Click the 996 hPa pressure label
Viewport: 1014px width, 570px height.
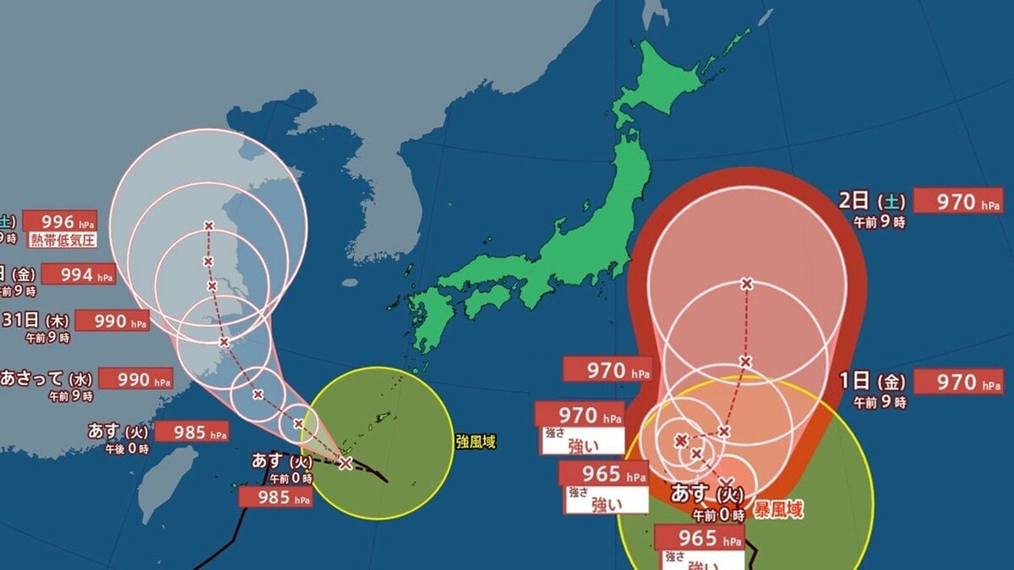60,221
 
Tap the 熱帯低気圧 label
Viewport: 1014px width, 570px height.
60,240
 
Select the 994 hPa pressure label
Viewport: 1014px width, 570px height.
78,274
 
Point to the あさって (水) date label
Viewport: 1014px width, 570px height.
46,377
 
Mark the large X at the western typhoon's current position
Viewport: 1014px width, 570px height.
345,463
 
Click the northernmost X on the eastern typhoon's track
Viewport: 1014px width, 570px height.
746,284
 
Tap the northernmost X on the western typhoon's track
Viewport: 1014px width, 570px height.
209,225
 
